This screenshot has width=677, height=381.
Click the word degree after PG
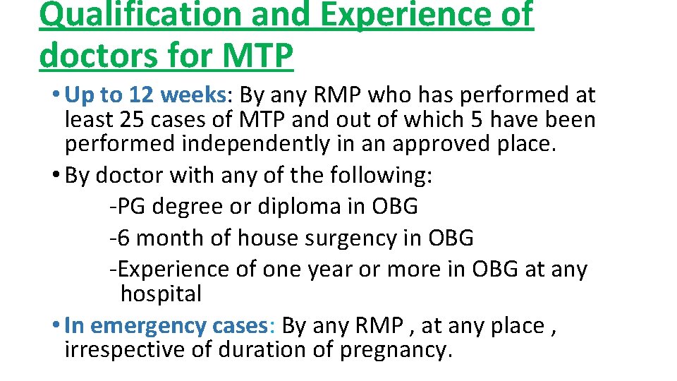pos(185,207)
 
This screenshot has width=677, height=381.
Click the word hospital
pos(161,293)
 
